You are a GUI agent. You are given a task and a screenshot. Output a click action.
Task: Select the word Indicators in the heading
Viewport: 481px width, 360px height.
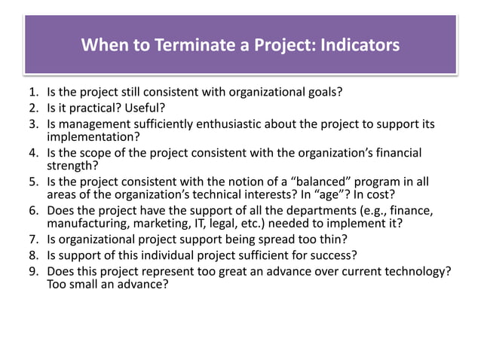point(352,45)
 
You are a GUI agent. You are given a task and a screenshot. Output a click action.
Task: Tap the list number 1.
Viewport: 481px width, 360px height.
point(23,93)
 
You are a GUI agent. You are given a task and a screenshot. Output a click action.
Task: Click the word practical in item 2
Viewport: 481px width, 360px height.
point(93,108)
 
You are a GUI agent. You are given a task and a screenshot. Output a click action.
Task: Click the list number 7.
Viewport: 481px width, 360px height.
point(23,240)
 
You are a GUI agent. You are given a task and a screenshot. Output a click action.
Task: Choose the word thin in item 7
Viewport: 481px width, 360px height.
point(334,240)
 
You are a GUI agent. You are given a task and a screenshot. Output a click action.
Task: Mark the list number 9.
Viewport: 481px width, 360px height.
point(23,270)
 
